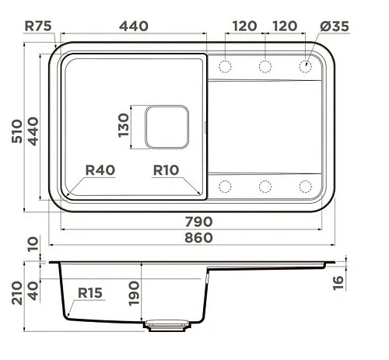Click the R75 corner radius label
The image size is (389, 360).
(38, 26)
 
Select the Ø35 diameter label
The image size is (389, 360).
(335, 26)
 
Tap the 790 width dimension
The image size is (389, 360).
(198, 222)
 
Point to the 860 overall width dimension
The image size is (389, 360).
(198, 238)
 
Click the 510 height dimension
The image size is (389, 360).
(17, 131)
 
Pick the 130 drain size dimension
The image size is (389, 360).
(124, 125)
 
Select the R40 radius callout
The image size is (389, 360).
(100, 170)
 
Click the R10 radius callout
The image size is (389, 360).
(166, 170)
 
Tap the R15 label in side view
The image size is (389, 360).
(90, 293)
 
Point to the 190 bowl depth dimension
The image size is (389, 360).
(134, 294)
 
